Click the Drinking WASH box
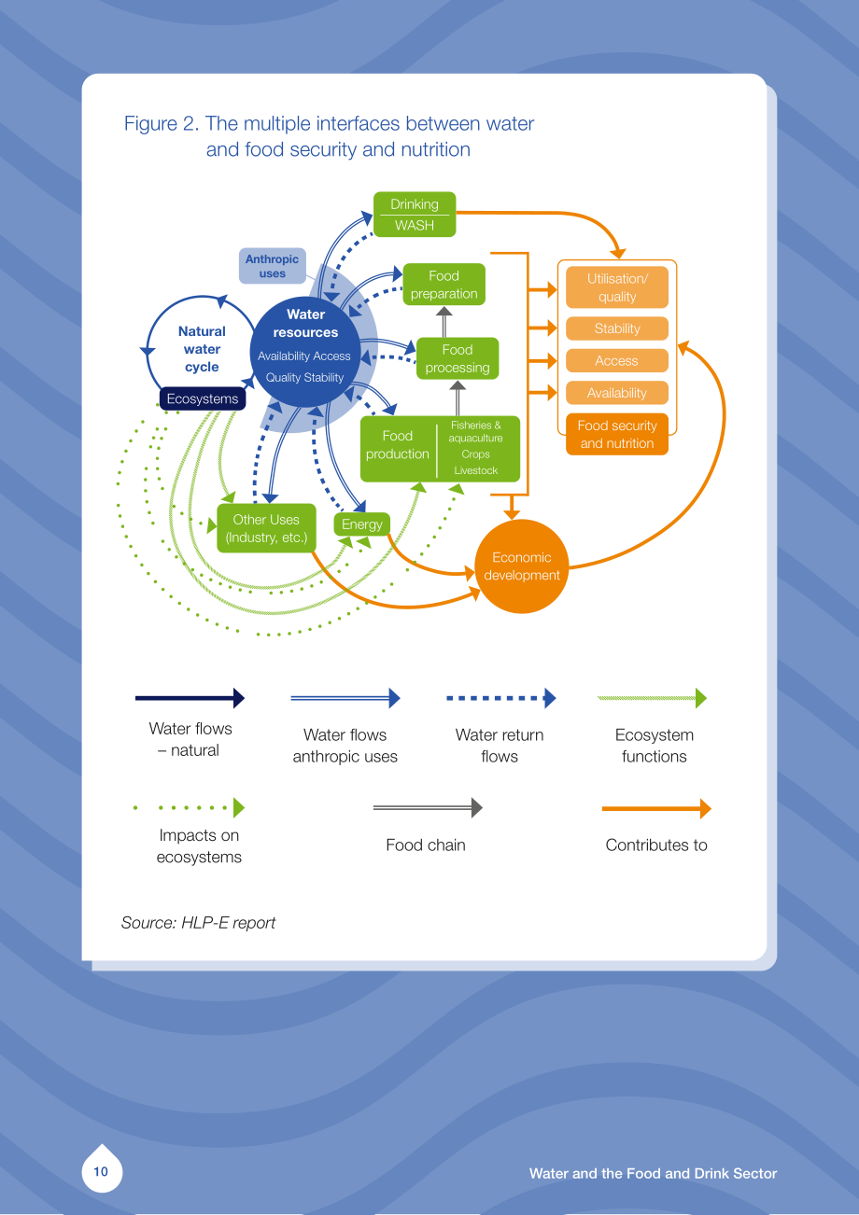coord(415,215)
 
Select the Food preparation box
coord(444,285)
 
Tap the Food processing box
coord(458,358)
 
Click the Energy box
coord(362,524)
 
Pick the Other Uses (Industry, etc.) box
coord(266,528)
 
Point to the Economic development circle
coord(522,566)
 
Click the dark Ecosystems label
coord(203,398)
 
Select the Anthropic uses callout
coord(273,266)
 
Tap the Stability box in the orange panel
coord(617,328)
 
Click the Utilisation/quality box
coord(617,287)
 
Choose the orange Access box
coord(617,361)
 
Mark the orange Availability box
coord(617,393)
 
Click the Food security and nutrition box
coord(617,434)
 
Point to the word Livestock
coord(476,470)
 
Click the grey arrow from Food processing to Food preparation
coord(444,322)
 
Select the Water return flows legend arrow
coord(500,698)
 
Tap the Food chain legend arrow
coord(428,807)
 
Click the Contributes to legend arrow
coord(656,809)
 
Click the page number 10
coord(101,1172)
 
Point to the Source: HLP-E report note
coord(198,923)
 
